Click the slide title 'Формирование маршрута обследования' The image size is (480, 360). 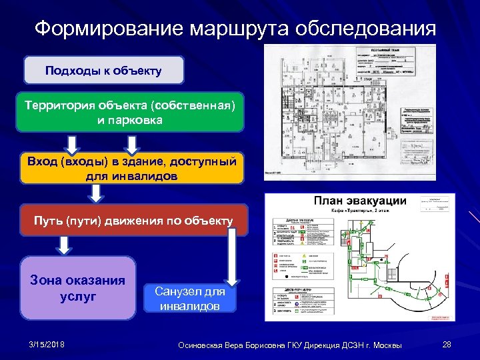pos(235,29)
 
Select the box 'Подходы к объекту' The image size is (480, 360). pos(103,70)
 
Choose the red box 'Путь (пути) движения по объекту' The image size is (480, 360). pos(134,221)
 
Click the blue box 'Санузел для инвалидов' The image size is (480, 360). pos(189,299)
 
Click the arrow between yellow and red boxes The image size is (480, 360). pos(97,193)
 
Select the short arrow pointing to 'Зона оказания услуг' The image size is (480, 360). pos(64,245)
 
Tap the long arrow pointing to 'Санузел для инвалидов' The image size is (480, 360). pos(233,257)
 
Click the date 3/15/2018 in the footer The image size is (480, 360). pos(47,344)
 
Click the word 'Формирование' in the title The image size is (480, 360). pos(109,29)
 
